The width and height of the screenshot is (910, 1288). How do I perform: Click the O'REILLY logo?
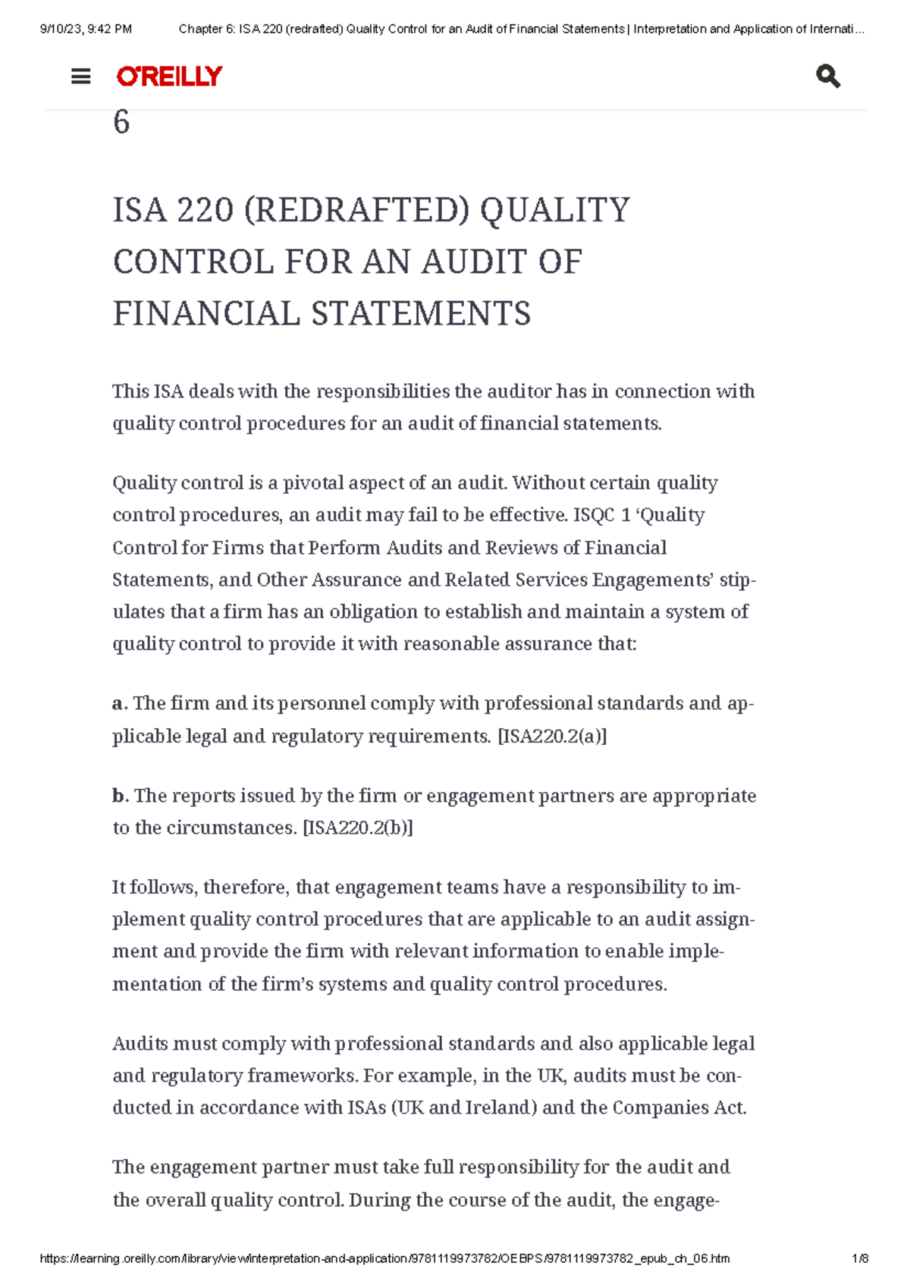coord(169,76)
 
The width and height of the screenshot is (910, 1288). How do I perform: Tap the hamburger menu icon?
coord(80,77)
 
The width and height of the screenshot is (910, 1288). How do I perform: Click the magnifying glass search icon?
coord(827,77)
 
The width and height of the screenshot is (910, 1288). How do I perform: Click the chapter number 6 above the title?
coord(121,123)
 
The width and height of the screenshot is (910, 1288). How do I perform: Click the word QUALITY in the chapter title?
coord(555,210)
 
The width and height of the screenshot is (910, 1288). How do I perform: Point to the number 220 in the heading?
coord(205,210)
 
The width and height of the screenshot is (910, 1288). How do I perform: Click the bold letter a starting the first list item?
coord(118,704)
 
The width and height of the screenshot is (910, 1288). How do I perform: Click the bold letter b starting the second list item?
coord(118,796)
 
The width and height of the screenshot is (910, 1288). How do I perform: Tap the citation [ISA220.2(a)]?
coord(551,736)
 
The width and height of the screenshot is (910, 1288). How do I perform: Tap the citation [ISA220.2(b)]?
coord(358,828)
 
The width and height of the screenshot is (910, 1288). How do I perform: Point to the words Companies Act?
coord(679,1107)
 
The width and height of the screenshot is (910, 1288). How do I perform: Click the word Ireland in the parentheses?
coord(497,1107)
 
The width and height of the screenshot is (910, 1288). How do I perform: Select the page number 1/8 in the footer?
coord(860,1258)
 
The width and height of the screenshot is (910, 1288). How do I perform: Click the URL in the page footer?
coord(384,1258)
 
